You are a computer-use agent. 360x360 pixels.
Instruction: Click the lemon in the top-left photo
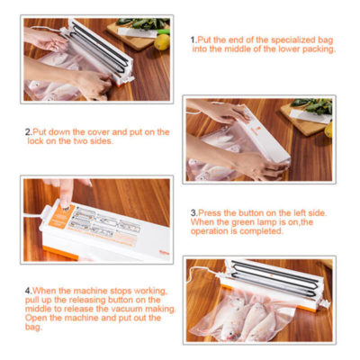coord(161,40)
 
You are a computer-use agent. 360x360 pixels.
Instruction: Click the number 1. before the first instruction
coord(193,40)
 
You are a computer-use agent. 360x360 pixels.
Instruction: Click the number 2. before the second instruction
coord(28,132)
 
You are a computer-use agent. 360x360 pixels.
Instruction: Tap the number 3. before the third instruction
coord(193,213)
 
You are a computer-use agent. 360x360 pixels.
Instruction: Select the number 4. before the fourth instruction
coord(28,290)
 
